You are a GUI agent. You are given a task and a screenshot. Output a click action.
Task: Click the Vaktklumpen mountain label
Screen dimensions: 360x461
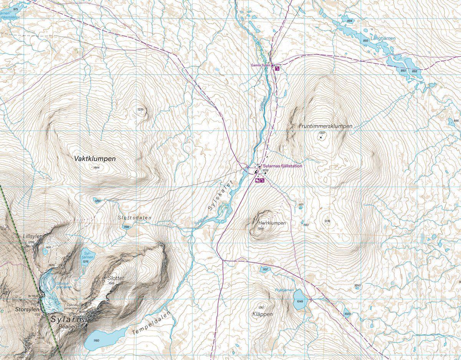tap(95, 158)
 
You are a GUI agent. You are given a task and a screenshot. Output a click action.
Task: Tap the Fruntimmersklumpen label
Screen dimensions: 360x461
tap(325, 126)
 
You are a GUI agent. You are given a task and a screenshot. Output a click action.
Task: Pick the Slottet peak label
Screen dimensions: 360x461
tap(116, 278)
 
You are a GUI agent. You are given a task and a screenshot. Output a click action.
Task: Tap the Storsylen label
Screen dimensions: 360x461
tap(27, 309)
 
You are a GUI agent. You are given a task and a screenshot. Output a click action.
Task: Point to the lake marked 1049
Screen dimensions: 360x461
tap(299, 300)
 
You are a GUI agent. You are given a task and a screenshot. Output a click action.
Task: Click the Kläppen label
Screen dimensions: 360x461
tap(263, 314)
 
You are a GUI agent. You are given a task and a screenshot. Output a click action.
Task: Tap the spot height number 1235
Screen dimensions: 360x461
tap(140, 109)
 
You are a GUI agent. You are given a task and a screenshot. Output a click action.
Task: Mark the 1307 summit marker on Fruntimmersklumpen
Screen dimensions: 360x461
tap(321, 137)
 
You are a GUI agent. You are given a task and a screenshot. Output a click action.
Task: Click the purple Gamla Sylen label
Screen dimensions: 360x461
tap(261, 65)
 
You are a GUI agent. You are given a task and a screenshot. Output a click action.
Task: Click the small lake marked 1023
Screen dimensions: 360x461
tap(347, 312)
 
